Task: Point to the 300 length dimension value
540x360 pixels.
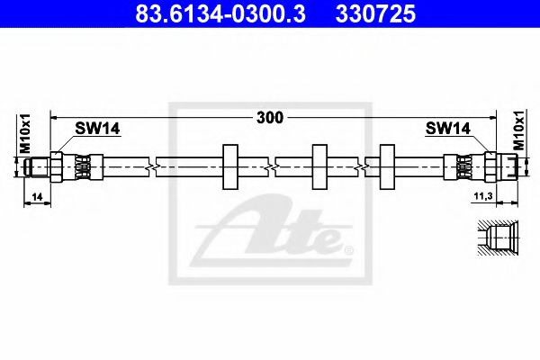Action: tap(269, 117)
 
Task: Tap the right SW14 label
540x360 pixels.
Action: tap(448, 130)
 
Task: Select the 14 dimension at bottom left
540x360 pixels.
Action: tap(35, 194)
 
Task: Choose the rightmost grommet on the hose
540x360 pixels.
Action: tap(389, 166)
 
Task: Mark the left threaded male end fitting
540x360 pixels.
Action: tap(41, 166)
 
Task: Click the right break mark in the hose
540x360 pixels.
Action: tap(362, 166)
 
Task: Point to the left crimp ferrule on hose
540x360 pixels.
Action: tap(80, 166)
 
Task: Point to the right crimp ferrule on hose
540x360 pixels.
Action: tap(463, 166)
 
